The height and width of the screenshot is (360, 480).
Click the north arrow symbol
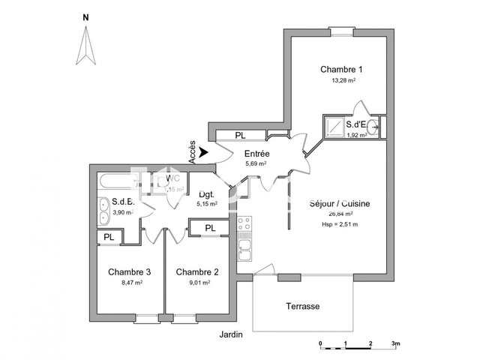[x=86, y=46]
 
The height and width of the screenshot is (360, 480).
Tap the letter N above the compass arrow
[x=86, y=16]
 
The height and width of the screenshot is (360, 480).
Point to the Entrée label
[x=256, y=153]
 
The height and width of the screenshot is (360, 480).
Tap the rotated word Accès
[x=193, y=154]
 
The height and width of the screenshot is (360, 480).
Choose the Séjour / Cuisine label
[x=339, y=202]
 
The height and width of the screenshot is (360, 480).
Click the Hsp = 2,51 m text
[x=339, y=223]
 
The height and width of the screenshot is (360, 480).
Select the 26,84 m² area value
[x=339, y=214]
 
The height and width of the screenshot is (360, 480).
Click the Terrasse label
[x=303, y=306]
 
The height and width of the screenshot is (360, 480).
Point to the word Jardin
[x=231, y=334]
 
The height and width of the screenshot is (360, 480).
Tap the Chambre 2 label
[x=196, y=271]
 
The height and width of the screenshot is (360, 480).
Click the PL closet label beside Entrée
[x=240, y=135]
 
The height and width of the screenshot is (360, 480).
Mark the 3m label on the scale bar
[x=396, y=343]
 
